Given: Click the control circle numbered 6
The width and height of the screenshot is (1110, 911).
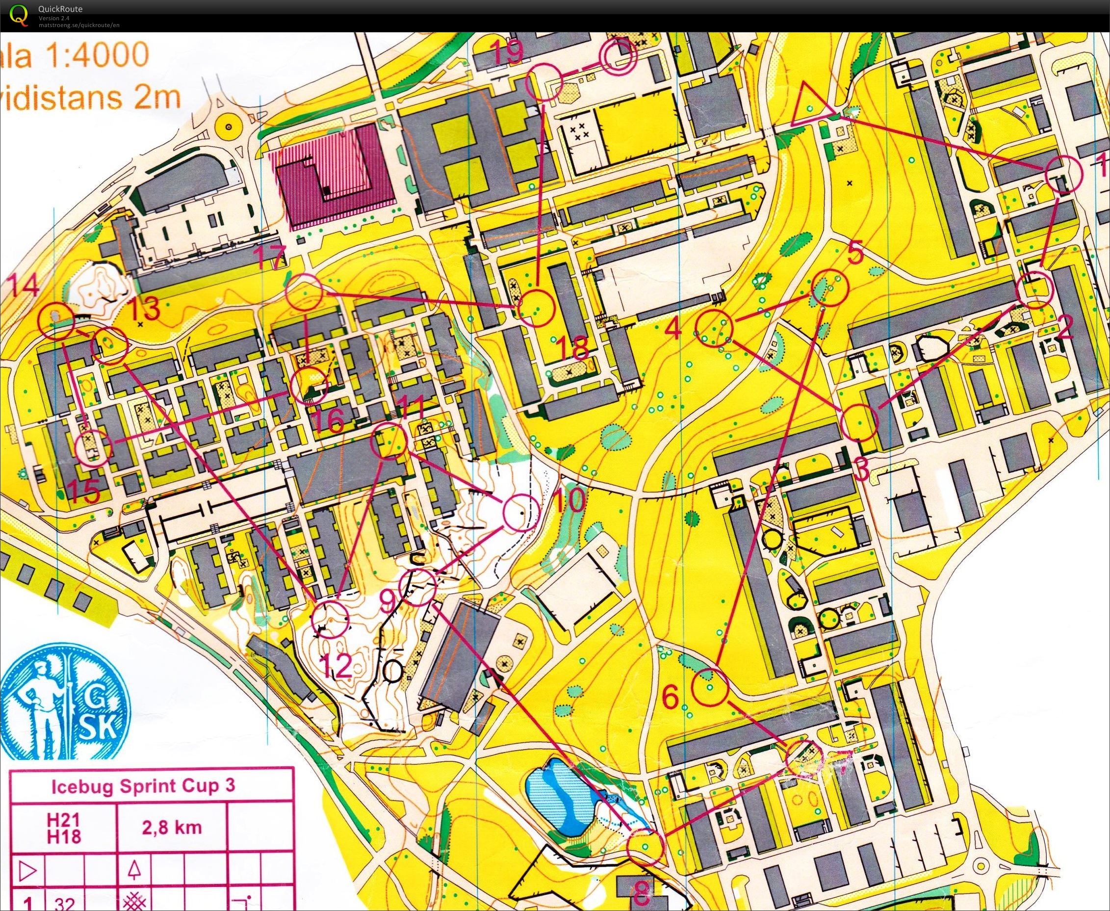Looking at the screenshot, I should click(710, 688).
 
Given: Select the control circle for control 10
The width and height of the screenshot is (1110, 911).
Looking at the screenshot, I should click(520, 512).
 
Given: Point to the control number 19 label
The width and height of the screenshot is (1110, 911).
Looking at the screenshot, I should click(508, 52).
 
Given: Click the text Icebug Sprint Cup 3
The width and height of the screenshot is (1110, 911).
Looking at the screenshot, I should click(143, 785).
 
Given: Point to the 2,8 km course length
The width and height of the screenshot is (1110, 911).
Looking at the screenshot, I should click(172, 828).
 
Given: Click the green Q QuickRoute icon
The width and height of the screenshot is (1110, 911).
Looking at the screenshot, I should click(19, 14).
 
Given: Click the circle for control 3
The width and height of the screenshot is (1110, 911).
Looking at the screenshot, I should click(859, 422).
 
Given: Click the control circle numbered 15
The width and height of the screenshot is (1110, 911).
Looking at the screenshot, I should click(93, 449).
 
